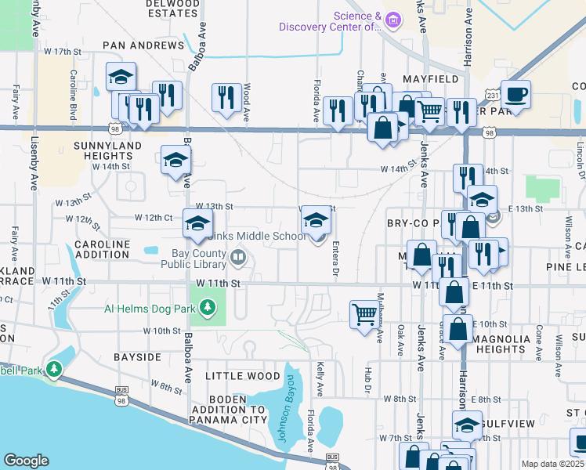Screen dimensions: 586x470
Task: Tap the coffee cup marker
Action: point(515,96)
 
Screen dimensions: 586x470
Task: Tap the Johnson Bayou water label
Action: point(288,408)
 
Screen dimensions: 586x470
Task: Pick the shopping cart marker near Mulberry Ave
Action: point(364,316)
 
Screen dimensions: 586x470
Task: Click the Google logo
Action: point(26,461)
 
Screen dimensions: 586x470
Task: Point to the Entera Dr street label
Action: point(335,258)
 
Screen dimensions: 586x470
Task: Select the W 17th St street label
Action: point(63,52)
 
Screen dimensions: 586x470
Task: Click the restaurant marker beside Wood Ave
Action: point(226,98)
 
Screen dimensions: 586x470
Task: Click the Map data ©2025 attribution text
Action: point(552,464)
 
